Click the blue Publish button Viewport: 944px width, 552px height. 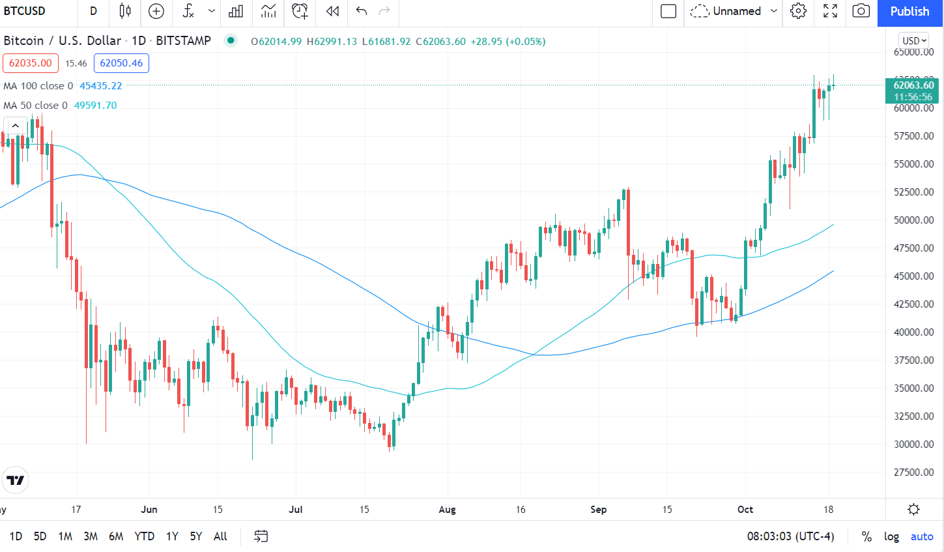tap(909, 12)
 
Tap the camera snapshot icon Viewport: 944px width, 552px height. tap(861, 11)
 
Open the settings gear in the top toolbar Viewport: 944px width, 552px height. tap(798, 11)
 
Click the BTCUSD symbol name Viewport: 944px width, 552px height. tap(25, 11)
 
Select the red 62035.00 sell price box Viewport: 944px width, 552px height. tap(31, 63)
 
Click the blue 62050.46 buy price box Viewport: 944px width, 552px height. tap(121, 63)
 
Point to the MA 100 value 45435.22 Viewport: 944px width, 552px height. tap(101, 86)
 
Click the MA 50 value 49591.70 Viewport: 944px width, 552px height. tap(96, 106)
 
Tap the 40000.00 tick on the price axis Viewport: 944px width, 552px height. tap(914, 332)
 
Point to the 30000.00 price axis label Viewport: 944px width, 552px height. tap(914, 444)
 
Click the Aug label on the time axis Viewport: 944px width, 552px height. tap(447, 510)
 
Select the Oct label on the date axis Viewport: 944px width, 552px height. tap(745, 510)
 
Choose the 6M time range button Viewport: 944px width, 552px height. tap(116, 536)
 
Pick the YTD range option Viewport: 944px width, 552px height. tap(144, 536)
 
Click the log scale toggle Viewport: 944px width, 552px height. tap(891, 536)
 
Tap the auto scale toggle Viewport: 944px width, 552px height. tap(922, 536)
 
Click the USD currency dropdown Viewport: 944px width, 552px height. tap(914, 40)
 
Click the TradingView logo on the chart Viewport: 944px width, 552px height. tap(15, 480)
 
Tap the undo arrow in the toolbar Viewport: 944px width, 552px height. tap(362, 11)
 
